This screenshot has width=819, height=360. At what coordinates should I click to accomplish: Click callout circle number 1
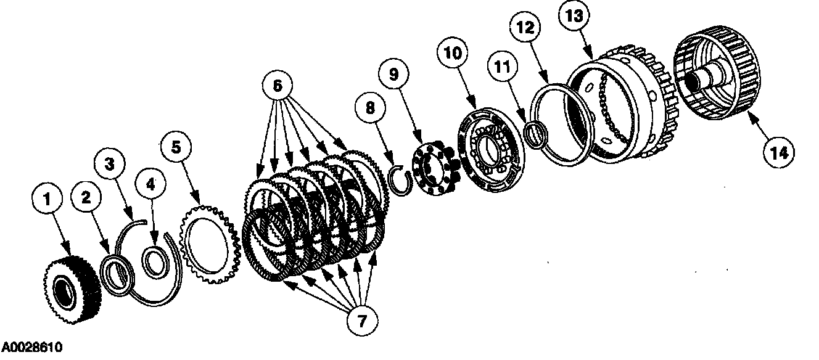(x=46, y=201)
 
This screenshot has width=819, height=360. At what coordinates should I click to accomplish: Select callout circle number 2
(x=86, y=197)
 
